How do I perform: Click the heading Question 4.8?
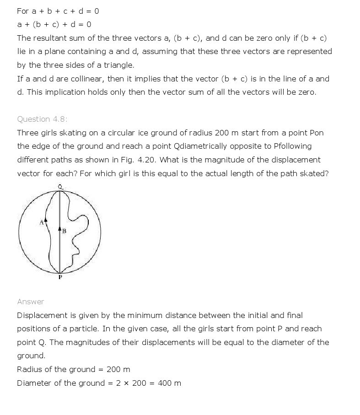(x=42, y=119)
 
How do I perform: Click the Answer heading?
(x=31, y=302)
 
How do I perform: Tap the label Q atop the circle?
(x=60, y=186)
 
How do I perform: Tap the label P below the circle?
(x=60, y=277)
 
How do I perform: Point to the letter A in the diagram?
(x=41, y=222)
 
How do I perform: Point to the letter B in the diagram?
(x=64, y=231)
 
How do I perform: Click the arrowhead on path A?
(x=45, y=220)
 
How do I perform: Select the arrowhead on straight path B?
(x=59, y=228)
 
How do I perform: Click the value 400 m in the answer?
(x=169, y=383)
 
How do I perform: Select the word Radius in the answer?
(x=30, y=369)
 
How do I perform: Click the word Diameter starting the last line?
(x=34, y=383)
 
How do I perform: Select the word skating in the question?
(x=71, y=133)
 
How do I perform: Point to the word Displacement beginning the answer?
(x=42, y=315)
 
